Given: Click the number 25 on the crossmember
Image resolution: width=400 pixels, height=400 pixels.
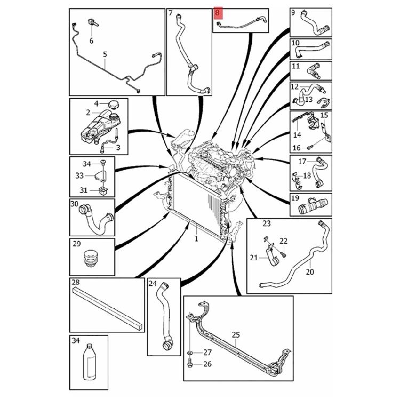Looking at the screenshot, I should coord(236,335).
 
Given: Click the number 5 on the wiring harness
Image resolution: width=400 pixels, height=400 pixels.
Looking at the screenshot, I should coord(105,54).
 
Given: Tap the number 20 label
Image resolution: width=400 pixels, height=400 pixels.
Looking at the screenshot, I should coord(310,271).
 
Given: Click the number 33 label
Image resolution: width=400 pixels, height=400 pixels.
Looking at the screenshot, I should coord(79,174).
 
